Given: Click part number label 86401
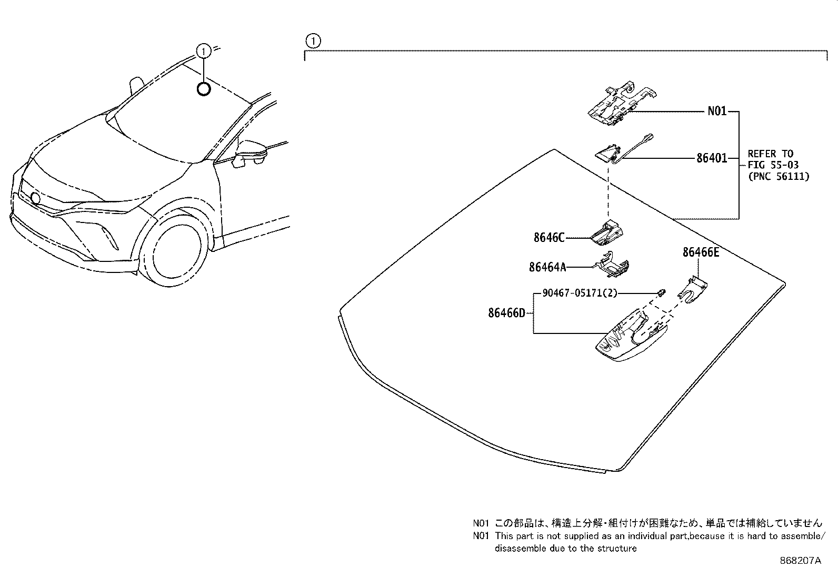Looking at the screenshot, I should click(711, 158).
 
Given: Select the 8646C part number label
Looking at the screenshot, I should click(548, 238).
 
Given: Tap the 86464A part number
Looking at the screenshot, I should click(547, 267).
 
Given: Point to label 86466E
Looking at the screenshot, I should click(701, 252).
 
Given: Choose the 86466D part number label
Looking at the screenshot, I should click(506, 313).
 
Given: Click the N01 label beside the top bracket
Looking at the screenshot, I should click(716, 111).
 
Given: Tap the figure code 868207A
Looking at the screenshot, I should click(800, 561).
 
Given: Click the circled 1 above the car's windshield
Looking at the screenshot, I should click(203, 51).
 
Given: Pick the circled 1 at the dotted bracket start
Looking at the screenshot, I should click(313, 40).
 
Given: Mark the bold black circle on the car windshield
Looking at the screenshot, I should click(203, 89).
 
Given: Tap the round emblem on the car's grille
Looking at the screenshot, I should click(35, 198).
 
